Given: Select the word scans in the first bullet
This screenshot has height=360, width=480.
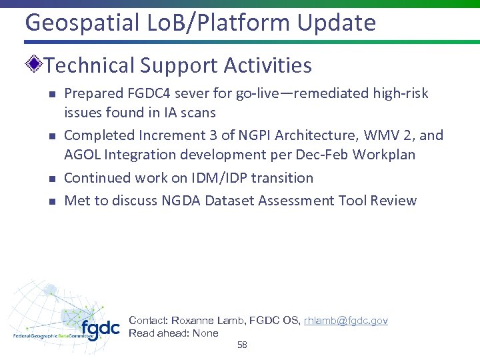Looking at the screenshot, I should click(197, 113).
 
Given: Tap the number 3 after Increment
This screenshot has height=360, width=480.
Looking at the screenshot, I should click(213, 136).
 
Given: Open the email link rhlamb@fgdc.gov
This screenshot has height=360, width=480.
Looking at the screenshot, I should click(345, 321).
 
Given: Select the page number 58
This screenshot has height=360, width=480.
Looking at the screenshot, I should click(242, 345).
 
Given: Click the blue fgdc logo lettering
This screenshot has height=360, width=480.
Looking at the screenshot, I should click(100, 329).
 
